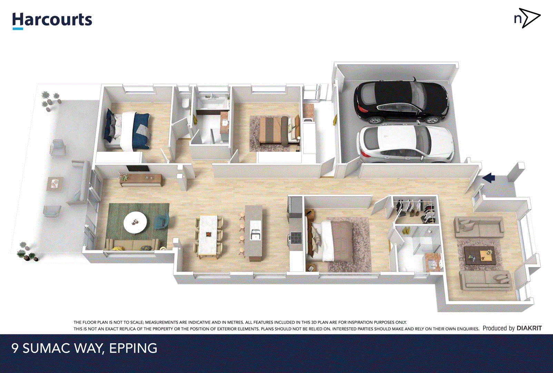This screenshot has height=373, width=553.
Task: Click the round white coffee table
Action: [135, 222]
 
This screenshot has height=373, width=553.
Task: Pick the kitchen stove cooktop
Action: [296, 238]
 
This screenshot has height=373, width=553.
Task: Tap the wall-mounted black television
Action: [138, 168]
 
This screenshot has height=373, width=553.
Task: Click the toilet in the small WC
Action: [186, 103]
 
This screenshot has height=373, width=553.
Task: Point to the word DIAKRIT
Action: [529, 328]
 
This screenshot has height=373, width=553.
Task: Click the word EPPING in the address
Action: [133, 348]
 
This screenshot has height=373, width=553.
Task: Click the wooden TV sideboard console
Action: [141, 180]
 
